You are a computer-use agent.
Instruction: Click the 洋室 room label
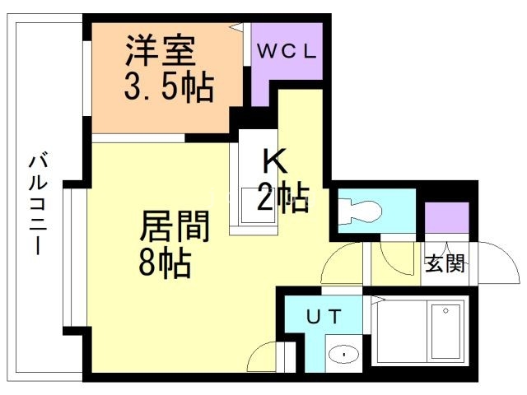point(161,52)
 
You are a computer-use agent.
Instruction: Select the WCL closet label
point(285,50)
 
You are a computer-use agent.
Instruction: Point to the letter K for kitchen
point(275,157)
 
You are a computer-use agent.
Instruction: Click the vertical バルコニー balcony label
point(39,202)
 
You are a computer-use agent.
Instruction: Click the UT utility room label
point(322,316)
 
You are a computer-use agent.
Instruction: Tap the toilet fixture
point(361,211)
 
